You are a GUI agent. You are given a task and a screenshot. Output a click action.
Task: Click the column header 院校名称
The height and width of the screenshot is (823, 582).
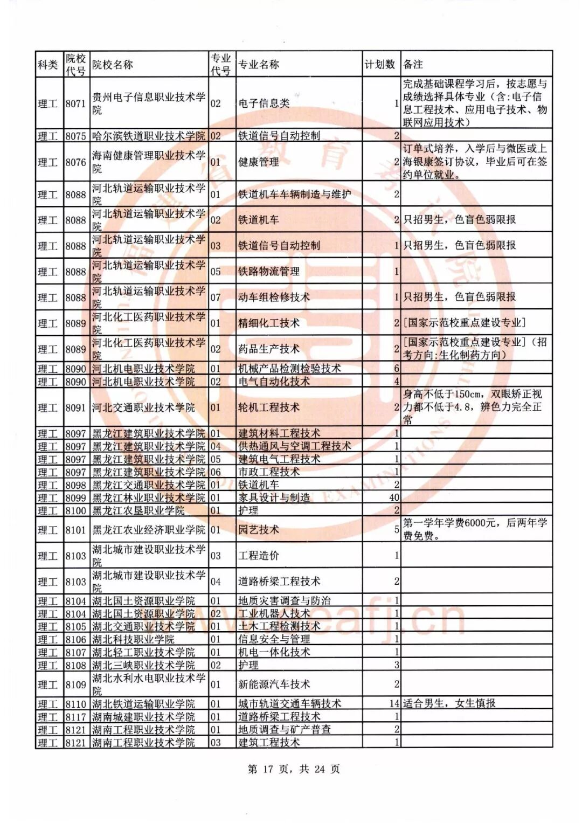pos(113,65)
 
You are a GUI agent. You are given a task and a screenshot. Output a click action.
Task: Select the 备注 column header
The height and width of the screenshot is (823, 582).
pos(413,65)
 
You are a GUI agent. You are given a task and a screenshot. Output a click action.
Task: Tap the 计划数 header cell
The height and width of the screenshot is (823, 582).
pos(380,65)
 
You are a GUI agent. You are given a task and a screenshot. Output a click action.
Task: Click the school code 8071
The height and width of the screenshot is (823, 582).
pos(75,103)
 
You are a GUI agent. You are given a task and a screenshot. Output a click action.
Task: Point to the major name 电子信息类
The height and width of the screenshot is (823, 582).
pos(264,103)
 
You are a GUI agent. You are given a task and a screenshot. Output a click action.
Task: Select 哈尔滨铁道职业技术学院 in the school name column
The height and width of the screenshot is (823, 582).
pos(149,136)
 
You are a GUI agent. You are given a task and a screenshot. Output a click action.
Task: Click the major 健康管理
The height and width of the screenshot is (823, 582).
pos(259,162)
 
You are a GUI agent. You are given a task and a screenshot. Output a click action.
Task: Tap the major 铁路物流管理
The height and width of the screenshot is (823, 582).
pos(268,272)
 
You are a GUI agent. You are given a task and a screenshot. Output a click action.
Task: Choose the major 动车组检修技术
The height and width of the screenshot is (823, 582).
pos(274,298)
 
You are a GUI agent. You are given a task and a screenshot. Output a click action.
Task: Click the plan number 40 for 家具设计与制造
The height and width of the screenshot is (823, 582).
pos(394,498)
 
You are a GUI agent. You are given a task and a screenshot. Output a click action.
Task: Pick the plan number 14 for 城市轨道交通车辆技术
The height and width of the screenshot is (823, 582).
pos(394,704)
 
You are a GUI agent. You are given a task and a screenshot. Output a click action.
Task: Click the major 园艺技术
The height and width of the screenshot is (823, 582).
pos(259,530)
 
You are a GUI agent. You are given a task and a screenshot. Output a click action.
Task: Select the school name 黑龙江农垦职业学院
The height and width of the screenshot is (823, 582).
pos(138,511)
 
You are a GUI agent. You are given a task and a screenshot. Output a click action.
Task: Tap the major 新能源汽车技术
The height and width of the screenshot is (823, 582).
pos(274,684)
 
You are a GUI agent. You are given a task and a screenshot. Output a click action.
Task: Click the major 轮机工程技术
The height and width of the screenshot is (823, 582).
pos(268,408)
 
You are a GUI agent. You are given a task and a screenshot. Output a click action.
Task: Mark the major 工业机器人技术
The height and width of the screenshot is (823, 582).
pos(274,614)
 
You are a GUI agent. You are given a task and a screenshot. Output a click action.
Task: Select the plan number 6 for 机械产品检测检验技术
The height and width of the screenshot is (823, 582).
pos(397,369)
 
